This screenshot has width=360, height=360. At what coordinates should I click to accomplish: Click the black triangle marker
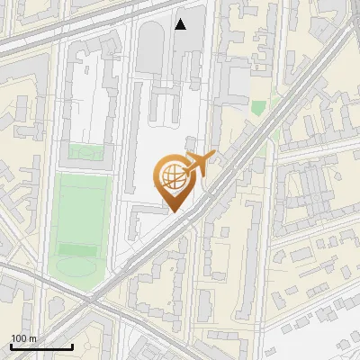click(x=181, y=24)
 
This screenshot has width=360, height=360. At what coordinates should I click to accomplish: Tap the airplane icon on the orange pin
click(x=199, y=164)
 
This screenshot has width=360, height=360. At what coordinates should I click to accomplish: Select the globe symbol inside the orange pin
click(x=172, y=175)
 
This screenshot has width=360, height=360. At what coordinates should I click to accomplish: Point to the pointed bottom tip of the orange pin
click(x=173, y=211)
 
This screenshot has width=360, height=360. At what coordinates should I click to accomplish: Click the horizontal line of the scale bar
click(x=41, y=346)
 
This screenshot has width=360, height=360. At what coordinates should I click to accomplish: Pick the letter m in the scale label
click(x=32, y=338)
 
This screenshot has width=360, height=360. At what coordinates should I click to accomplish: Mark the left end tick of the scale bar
click(x=11, y=346)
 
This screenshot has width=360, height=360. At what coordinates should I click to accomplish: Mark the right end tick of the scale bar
click(x=72, y=346)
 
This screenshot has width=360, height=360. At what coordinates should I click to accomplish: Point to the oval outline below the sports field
click(x=76, y=268)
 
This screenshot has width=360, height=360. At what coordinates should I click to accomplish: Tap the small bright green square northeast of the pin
click(x=258, y=108)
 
